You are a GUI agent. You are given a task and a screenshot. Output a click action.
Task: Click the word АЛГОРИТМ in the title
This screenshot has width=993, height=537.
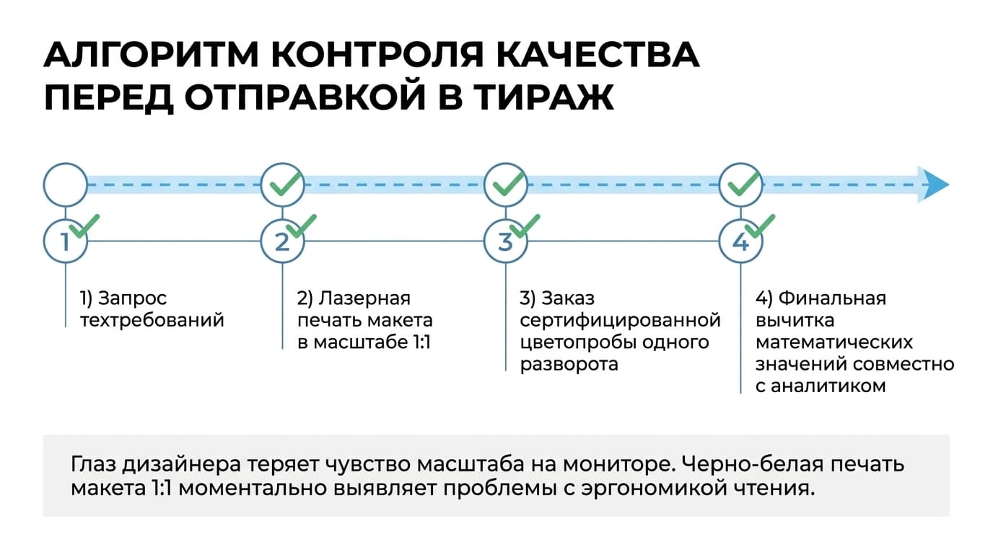151,55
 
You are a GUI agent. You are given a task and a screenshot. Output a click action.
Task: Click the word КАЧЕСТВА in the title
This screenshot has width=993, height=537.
597,55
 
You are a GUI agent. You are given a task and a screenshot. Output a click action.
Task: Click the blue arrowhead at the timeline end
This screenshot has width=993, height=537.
933,185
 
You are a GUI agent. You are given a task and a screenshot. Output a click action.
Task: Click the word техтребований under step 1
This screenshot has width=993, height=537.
152,321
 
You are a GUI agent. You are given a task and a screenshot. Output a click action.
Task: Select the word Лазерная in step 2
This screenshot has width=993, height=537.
365,298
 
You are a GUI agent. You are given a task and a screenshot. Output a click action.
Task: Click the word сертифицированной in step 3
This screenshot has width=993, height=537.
620,321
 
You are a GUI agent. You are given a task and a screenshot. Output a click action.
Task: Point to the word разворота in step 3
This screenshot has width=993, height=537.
569,364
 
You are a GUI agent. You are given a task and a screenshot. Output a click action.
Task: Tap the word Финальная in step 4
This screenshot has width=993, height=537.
832,298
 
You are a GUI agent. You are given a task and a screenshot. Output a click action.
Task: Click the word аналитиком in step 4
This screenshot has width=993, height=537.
828,386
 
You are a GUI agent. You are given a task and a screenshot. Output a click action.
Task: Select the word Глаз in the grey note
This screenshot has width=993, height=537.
94,464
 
